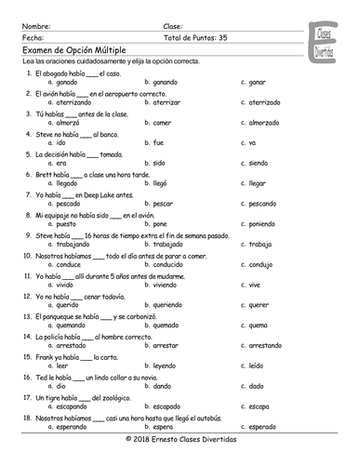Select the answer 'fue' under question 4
(x=158, y=143)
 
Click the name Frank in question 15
(x=45, y=356)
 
